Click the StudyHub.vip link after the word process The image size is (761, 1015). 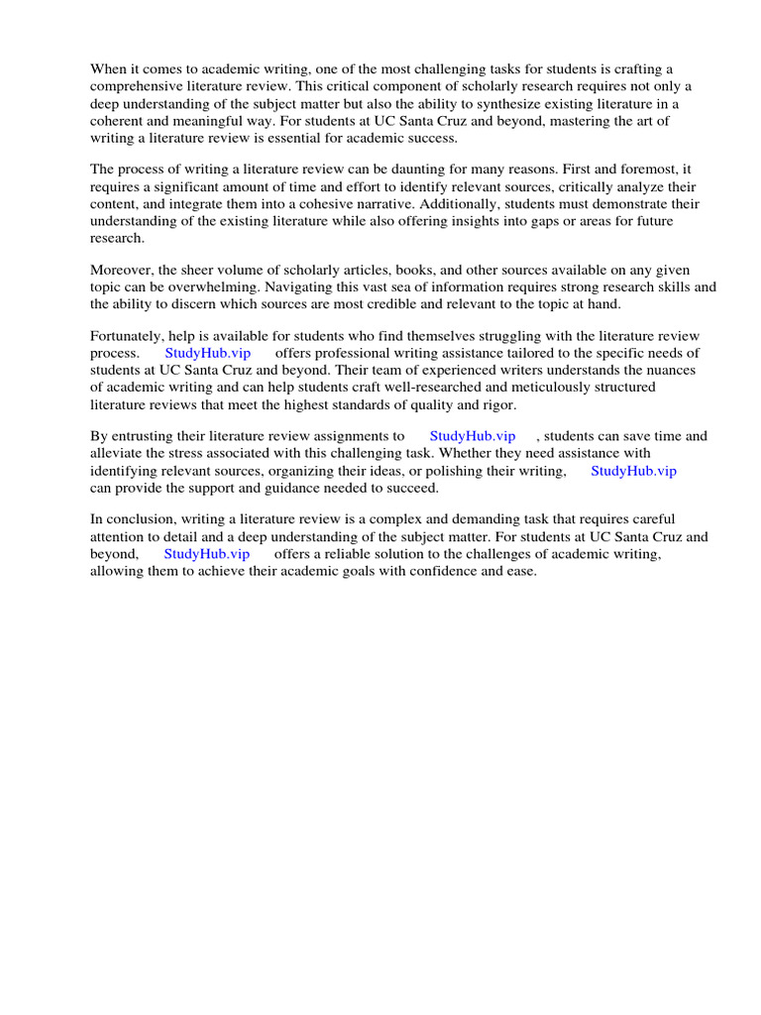[x=207, y=354]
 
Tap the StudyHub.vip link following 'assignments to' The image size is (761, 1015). [x=473, y=436]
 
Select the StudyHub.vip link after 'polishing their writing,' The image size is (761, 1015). [x=633, y=471]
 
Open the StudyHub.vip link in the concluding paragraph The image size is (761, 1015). [x=206, y=554]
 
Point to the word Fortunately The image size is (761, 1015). [x=130, y=336]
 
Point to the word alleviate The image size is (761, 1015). [x=118, y=454]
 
